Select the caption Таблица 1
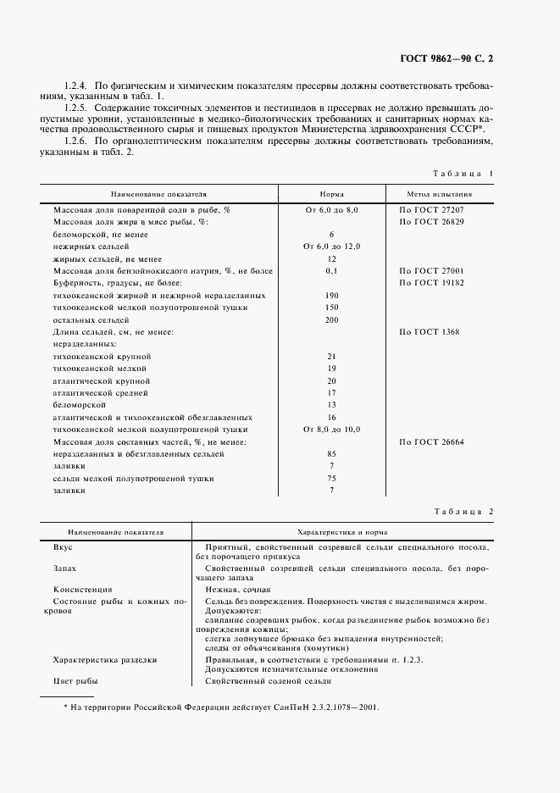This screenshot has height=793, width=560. click(463, 173)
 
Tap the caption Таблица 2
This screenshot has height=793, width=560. click(463, 511)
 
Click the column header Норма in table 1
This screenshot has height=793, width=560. click(331, 193)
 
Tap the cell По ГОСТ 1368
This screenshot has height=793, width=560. click(429, 332)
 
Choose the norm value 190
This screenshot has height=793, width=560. click(331, 295)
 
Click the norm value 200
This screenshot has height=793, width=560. click(331, 320)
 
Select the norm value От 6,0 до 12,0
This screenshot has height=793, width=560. click(331, 246)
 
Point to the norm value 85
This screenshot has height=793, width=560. click(331, 454)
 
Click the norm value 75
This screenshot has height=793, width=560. click(331, 479)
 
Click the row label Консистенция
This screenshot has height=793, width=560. click(82, 589)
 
